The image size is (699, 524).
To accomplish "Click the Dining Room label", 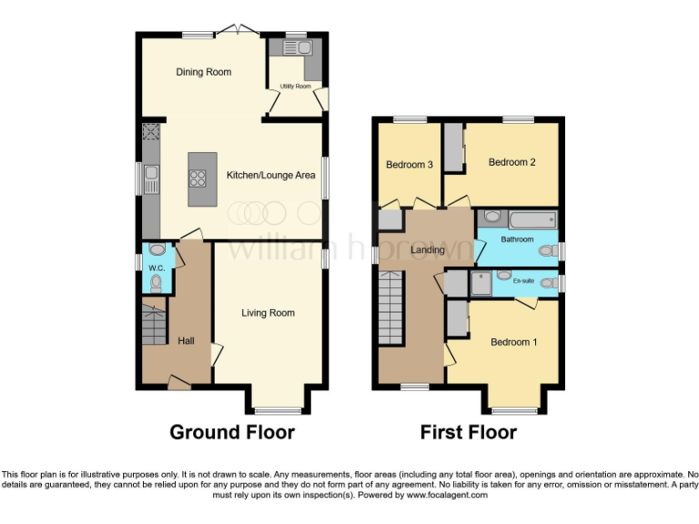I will click(x=204, y=72).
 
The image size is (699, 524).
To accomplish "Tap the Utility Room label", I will click(x=295, y=86).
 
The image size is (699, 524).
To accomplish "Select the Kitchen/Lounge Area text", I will click(x=270, y=175).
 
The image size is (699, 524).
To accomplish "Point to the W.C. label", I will click(x=156, y=268).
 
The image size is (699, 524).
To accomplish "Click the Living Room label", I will click(x=268, y=313).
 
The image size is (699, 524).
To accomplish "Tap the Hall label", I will click(x=186, y=340).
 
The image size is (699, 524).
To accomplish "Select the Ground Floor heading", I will click(x=232, y=432).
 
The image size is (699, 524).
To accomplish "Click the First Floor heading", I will click(x=468, y=432).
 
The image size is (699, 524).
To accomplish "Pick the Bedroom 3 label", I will click(x=409, y=165).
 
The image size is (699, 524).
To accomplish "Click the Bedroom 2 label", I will click(x=511, y=162).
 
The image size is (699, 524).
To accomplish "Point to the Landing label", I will click(x=427, y=250).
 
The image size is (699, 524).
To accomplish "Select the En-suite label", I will click(x=522, y=282).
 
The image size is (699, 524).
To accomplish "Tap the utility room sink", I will click(x=299, y=48).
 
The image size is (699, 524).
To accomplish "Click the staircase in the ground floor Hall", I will click(x=153, y=324).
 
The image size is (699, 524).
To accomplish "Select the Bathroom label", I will click(x=515, y=239).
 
